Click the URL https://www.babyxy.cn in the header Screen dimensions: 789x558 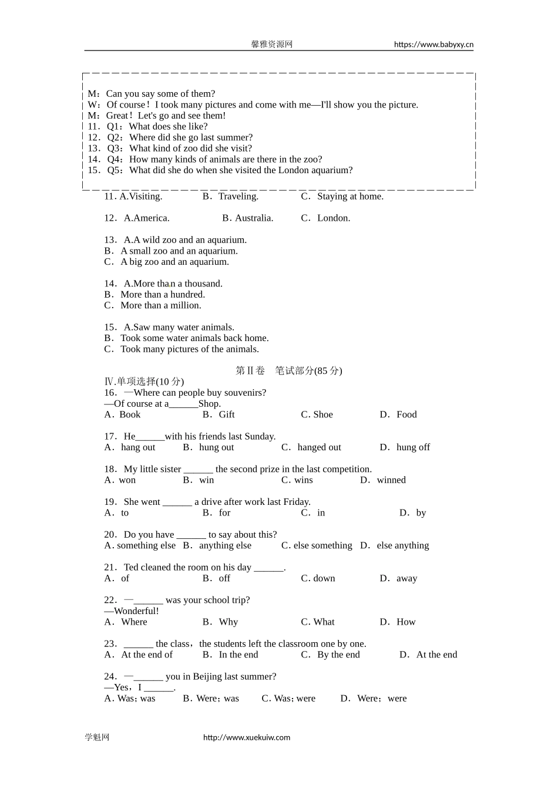coord(433,45)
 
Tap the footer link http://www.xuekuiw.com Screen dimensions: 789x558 coord(247,737)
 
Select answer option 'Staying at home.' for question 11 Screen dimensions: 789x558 coord(350,197)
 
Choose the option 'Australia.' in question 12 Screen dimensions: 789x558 coord(254,218)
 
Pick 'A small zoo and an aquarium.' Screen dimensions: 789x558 coord(179,251)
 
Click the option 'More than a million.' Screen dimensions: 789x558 coord(160,306)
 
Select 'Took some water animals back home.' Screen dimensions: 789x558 coord(194,339)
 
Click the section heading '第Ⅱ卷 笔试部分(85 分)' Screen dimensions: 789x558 coord(288,371)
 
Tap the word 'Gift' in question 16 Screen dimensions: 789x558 coord(227,415)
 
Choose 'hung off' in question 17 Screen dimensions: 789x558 coord(413,448)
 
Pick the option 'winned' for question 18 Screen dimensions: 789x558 coord(391,480)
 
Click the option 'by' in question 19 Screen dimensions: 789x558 coord(421,513)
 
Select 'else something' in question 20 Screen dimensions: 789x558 coord(322,546)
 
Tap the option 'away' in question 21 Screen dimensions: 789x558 coord(406,579)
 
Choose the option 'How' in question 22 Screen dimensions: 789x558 coord(406,622)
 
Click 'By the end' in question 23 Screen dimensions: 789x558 coord(338,655)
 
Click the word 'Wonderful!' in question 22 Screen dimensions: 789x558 coord(136,611)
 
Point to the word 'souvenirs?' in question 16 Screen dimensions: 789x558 coord(243,393)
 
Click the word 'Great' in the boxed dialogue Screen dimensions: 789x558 coord(117,116)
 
